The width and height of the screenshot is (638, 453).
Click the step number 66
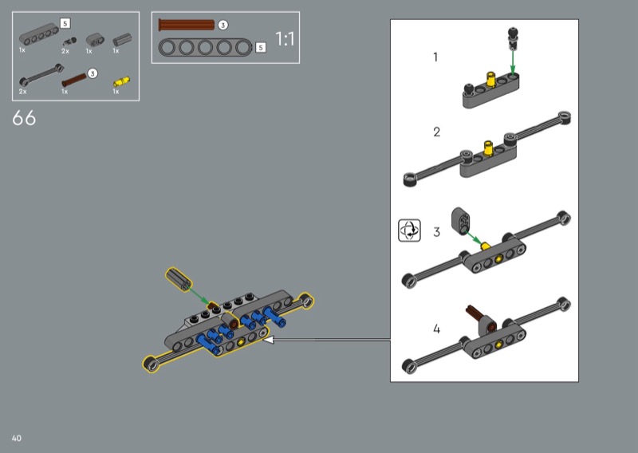click(24, 118)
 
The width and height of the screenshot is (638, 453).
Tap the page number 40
click(16, 438)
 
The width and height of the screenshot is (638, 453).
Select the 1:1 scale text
click(285, 39)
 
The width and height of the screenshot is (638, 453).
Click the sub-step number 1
click(435, 57)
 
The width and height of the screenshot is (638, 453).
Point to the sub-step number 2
click(436, 132)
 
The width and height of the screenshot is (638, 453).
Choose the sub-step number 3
click(436, 232)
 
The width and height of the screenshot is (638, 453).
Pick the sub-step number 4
click(436, 329)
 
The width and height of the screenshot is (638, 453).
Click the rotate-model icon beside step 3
click(409, 230)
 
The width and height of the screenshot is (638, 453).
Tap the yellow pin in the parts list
click(121, 82)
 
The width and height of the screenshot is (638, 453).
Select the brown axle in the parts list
click(74, 80)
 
